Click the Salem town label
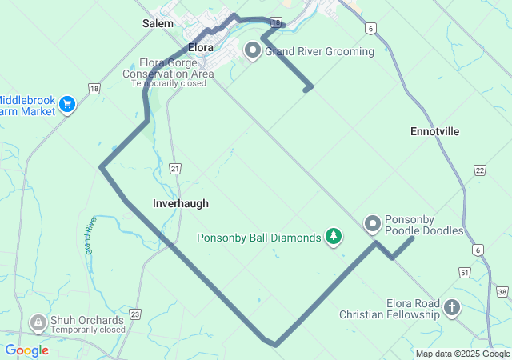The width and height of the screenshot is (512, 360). click(x=158, y=24)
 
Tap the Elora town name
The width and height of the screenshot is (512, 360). click(x=200, y=47)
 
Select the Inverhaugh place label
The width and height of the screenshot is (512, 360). click(x=181, y=203)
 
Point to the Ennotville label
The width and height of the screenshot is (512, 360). click(x=434, y=131)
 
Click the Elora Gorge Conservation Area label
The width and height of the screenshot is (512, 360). click(x=168, y=68)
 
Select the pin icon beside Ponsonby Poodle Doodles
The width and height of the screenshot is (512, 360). click(x=373, y=225)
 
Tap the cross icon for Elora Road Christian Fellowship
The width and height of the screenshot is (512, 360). click(x=452, y=307)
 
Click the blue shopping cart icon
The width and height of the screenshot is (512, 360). click(x=67, y=105)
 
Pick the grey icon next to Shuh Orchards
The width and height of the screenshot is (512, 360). click(x=37, y=322)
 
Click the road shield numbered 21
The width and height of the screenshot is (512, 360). click(x=176, y=168)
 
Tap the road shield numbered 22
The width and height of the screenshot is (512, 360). click(x=479, y=170)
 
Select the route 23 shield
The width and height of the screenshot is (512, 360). click(x=135, y=315)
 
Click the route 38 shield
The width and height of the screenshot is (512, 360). click(x=502, y=292)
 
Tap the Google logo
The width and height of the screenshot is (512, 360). click(x=26, y=350)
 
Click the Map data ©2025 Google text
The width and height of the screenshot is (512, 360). click(x=462, y=354)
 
